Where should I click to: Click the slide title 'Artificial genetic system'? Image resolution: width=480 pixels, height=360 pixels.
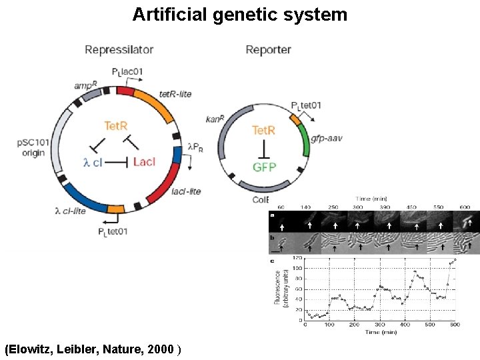(x=240, y=14)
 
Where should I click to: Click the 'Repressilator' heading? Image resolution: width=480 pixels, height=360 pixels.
(x=119, y=50)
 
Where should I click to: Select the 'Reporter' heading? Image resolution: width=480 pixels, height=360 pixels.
(x=268, y=50)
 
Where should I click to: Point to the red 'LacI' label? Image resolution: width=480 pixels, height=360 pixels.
(x=144, y=162)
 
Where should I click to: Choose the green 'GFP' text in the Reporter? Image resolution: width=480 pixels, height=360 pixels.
(x=265, y=167)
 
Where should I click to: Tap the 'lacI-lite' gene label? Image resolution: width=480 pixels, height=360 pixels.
(x=186, y=191)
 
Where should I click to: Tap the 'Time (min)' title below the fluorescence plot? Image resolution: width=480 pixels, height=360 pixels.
(x=379, y=331)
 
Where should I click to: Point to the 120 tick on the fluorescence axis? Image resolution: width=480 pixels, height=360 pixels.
(x=297, y=257)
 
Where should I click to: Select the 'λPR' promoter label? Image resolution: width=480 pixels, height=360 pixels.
(x=194, y=146)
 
